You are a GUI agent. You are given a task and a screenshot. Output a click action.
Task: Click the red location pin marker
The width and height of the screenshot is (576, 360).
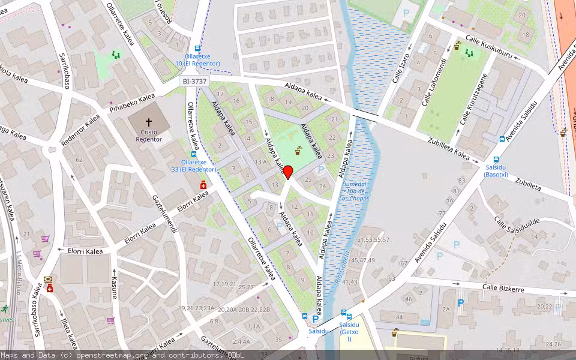287,172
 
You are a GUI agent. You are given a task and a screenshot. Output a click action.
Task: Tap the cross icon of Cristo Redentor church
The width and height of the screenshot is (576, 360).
149,122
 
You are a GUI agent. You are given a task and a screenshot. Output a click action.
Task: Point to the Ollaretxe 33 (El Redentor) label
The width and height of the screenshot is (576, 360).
199,166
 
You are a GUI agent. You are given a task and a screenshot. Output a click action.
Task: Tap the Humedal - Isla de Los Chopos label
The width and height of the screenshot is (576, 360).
354,191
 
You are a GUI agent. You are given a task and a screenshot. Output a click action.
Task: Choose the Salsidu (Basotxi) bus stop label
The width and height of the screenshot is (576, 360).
496,171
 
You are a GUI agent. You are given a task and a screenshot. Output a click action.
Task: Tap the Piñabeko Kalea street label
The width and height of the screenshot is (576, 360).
132,104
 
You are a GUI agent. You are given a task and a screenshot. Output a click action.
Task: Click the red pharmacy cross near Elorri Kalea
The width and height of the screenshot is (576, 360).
204,185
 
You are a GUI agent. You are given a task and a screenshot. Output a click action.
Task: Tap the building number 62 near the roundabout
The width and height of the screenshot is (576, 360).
79,160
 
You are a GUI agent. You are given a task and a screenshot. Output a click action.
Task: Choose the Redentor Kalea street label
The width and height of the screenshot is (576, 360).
79,130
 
